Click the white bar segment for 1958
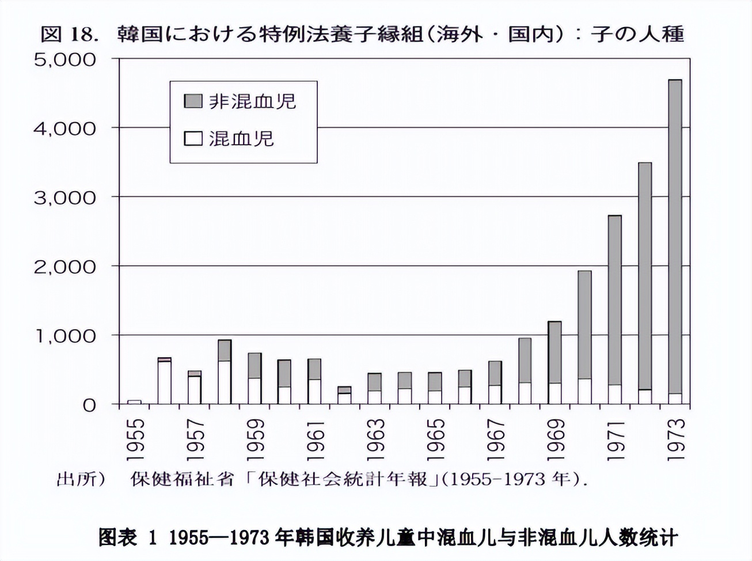[224, 382]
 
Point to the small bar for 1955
[134, 402]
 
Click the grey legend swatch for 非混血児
[193, 101]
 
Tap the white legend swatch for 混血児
[193, 139]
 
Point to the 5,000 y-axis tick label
[64, 59]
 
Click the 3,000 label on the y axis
[64, 198]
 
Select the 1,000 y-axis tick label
[64, 336]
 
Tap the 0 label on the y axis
[89, 405]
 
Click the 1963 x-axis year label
[375, 439]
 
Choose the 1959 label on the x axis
[255, 439]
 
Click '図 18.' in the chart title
[67, 34]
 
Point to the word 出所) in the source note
[81, 479]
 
